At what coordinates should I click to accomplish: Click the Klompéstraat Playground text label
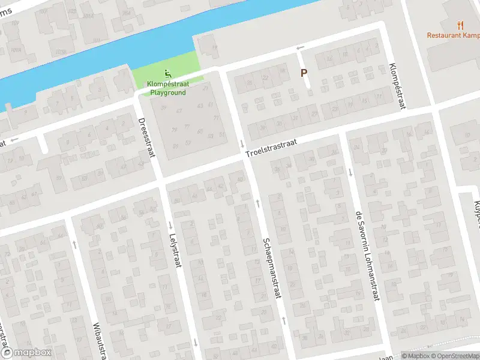168,89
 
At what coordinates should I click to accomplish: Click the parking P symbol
304,73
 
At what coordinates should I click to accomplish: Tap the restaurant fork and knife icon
461,25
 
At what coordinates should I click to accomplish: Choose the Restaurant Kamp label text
453,35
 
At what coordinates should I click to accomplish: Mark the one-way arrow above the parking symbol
301,47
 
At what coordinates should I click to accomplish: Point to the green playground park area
180,66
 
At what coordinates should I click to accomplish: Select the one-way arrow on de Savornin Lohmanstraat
350,172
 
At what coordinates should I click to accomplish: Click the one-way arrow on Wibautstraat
74,244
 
